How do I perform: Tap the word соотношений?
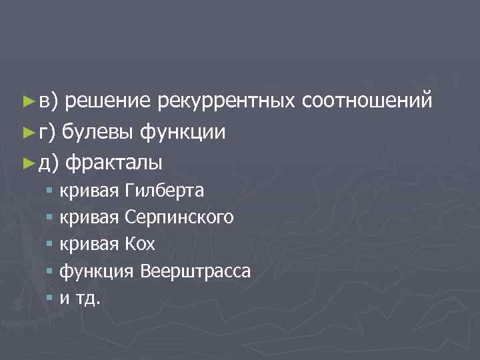point(367,101)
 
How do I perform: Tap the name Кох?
point(140,245)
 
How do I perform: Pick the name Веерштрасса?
point(196,271)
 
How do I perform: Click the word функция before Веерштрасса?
point(98,271)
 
